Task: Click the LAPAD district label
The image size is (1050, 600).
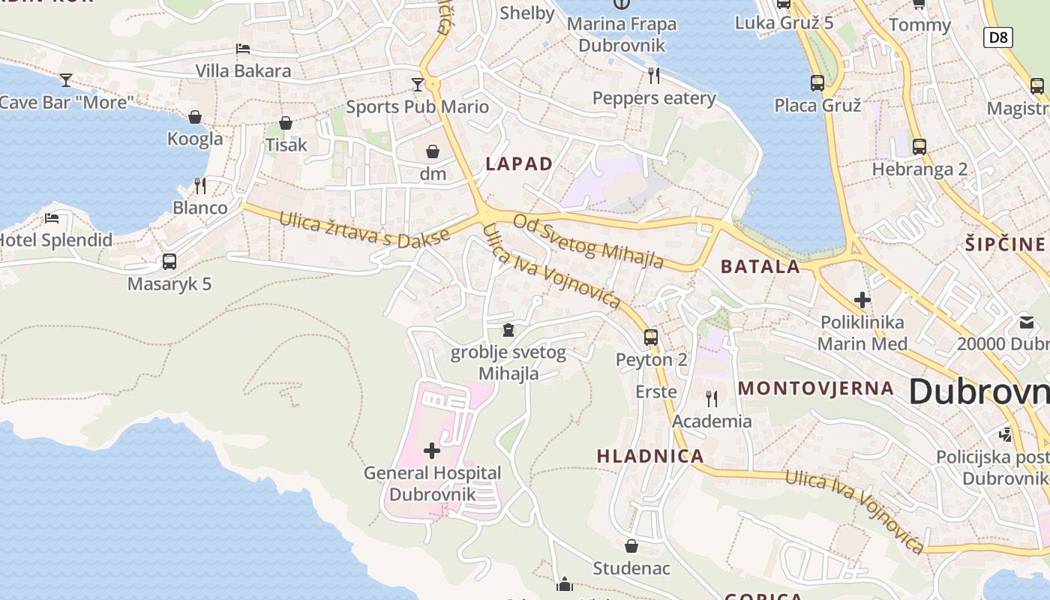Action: [519, 163]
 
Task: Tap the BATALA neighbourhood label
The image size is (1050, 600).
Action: [760, 266]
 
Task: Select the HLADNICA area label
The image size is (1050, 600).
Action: [650, 455]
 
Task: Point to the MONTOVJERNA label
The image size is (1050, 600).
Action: [816, 388]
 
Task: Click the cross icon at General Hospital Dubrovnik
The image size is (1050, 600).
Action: [432, 450]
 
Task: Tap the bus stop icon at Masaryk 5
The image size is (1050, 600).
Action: [169, 262]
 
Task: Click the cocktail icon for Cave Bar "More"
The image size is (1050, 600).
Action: [66, 79]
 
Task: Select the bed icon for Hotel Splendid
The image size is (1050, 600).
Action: [51, 218]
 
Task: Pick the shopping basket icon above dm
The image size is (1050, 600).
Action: [433, 152]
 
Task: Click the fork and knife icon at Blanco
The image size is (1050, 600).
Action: [199, 185]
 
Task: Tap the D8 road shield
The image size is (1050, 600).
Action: [998, 37]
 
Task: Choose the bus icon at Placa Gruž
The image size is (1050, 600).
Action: [817, 82]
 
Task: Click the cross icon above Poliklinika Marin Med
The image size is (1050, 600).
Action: [862, 300]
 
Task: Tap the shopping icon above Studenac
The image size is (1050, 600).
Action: [631, 545]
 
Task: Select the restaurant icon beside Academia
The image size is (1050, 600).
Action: [711, 398]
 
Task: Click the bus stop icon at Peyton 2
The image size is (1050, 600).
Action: [651, 337]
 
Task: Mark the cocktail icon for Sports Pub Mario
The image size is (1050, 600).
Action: [418, 84]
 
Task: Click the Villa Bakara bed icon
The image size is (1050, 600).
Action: [243, 49]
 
